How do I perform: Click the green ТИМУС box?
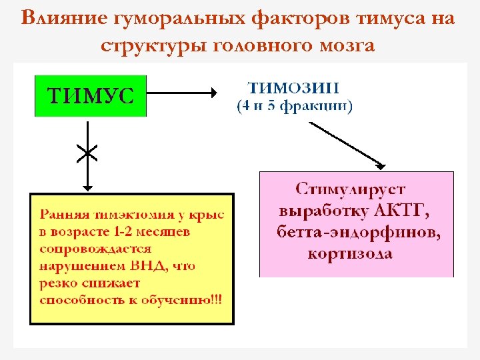90,96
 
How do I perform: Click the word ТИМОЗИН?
293,88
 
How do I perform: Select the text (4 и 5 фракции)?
295,105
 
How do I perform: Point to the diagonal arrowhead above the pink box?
380,165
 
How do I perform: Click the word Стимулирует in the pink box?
350,190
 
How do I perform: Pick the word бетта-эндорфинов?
358,233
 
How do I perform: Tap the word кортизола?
349,254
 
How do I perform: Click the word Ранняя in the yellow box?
61,215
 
